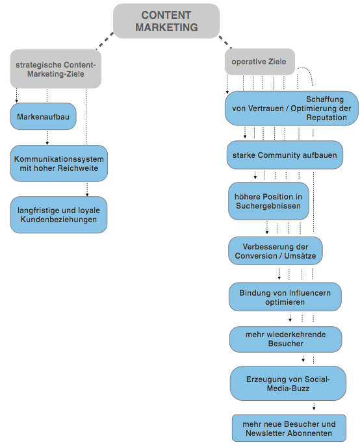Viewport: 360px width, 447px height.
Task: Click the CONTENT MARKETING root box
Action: pos(166,21)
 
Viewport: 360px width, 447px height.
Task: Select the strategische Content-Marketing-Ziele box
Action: pos(56,69)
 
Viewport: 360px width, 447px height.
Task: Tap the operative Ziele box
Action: pos(259,62)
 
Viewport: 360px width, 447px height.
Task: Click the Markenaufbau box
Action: pos(44,116)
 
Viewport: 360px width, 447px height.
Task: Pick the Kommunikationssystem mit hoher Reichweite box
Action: pos(59,163)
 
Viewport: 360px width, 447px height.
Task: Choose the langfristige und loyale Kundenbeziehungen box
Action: pos(58,214)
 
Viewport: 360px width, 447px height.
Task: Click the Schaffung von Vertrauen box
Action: pos(291,109)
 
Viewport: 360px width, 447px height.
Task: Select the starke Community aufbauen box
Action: pos(285,155)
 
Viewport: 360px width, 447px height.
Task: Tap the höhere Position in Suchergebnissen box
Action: pos(268,201)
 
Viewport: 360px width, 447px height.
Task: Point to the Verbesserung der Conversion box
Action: pos(276,251)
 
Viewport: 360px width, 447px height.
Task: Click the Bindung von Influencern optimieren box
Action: pos(285,297)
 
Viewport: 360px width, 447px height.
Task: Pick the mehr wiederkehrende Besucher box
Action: pos(286,339)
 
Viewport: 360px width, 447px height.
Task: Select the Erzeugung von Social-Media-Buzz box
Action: pos(288,384)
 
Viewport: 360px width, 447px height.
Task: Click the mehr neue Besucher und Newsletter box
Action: pos(289,428)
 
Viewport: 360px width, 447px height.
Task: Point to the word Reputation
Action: pos(327,118)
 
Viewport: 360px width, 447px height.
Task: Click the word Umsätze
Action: pos(300,256)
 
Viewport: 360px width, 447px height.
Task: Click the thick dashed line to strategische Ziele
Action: pos(105,41)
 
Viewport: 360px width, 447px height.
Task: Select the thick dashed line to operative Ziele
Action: pos(225,42)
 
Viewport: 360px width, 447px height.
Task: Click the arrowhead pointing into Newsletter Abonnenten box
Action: pos(314,409)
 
